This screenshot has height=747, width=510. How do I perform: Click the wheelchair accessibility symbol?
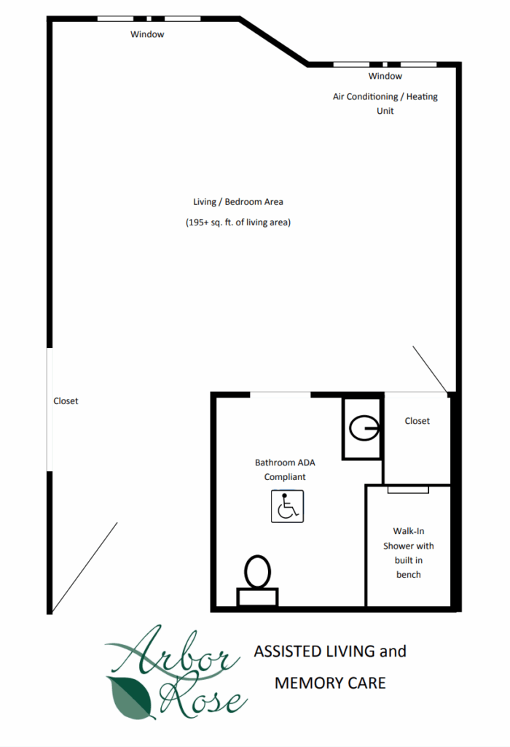(287, 506)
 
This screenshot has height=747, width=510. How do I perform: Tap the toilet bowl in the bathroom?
(257, 572)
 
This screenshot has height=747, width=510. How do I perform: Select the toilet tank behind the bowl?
(257, 597)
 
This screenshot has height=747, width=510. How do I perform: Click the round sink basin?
(364, 427)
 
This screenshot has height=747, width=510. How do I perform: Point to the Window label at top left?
(147, 34)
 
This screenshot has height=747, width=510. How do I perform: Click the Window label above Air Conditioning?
(385, 76)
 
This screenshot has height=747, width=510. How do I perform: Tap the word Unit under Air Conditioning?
(385, 111)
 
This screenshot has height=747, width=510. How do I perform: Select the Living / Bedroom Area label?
(238, 202)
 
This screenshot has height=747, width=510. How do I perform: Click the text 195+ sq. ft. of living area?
(238, 222)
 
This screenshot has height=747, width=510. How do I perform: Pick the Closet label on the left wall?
(66, 401)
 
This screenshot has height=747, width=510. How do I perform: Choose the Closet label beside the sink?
(417, 421)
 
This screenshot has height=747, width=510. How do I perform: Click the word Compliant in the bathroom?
(285, 477)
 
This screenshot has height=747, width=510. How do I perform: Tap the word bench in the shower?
(409, 575)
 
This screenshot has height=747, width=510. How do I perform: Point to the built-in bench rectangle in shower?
(408, 489)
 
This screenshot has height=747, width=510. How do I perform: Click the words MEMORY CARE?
(330, 683)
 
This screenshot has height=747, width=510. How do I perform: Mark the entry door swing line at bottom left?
(85, 568)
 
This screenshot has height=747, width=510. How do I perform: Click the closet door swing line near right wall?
(430, 369)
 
